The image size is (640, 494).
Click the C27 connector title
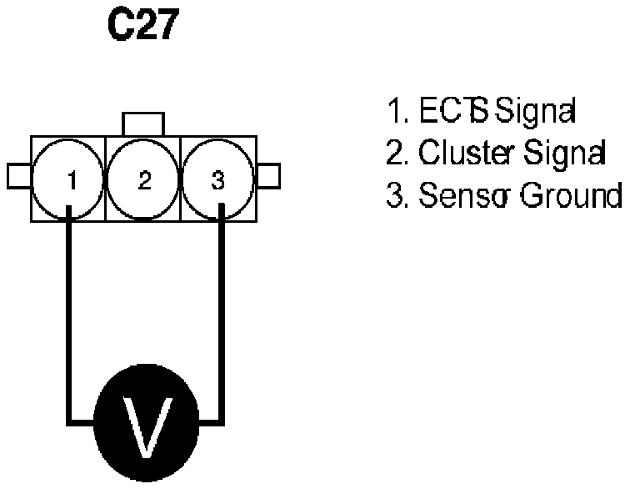tap(142, 28)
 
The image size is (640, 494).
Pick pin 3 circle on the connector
tap(217, 179)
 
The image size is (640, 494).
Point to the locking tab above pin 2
tap(143, 123)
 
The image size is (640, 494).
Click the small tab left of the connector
tap(18, 177)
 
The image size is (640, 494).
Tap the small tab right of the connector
tap(268, 177)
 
